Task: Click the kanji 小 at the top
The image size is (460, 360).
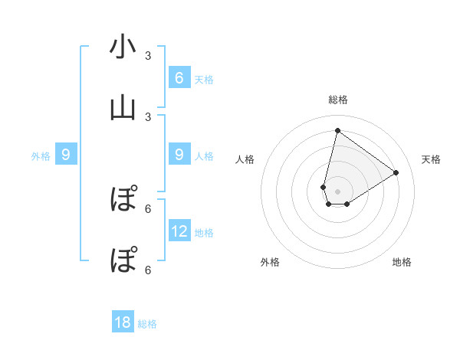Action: [123, 47]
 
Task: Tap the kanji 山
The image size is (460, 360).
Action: [123, 109]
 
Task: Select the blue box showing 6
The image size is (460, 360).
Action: [179, 77]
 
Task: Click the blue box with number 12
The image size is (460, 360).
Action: [179, 231]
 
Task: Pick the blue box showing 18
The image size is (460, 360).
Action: [123, 322]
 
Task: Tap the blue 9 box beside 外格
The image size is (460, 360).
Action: [66, 155]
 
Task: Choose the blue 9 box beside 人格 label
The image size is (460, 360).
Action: [179, 155]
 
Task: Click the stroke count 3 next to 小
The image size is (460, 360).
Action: [148, 56]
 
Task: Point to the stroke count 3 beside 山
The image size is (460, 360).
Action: [148, 117]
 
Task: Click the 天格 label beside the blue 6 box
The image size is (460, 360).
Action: [204, 80]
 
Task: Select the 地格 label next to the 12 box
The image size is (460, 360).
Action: [204, 233]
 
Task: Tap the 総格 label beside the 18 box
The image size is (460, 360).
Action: [147, 325]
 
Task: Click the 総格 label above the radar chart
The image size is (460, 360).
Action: [337, 100]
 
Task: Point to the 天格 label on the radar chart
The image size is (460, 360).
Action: [432, 159]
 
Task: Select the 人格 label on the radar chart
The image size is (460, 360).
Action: [245, 159]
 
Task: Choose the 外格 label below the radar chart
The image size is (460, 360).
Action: [270, 262]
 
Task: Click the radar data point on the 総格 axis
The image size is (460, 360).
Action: [337, 130]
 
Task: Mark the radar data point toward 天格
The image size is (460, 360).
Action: [396, 172]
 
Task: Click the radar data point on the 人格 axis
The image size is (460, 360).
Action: [324, 187]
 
